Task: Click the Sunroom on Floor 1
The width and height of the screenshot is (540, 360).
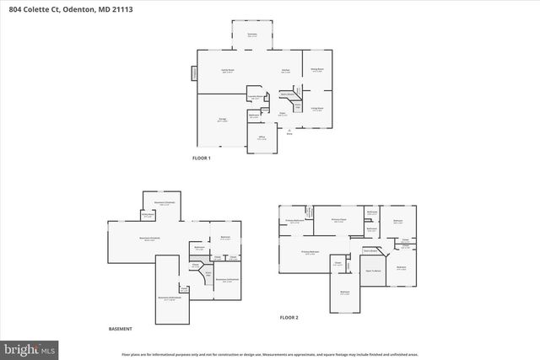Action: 251,35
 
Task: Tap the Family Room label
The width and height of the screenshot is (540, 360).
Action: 228,70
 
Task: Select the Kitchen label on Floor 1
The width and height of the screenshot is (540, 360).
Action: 286,70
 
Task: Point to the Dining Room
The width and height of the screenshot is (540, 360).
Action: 316,70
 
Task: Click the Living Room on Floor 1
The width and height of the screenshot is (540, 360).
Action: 316,109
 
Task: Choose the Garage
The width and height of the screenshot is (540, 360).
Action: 222,121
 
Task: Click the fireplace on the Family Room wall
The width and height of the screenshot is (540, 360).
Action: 195,74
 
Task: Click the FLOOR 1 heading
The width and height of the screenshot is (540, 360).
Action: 202,159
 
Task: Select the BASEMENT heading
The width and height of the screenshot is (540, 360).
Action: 120,329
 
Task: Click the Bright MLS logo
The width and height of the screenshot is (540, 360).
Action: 29,347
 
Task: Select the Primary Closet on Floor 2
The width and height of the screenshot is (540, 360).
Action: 338,220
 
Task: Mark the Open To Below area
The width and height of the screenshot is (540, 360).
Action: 374,270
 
